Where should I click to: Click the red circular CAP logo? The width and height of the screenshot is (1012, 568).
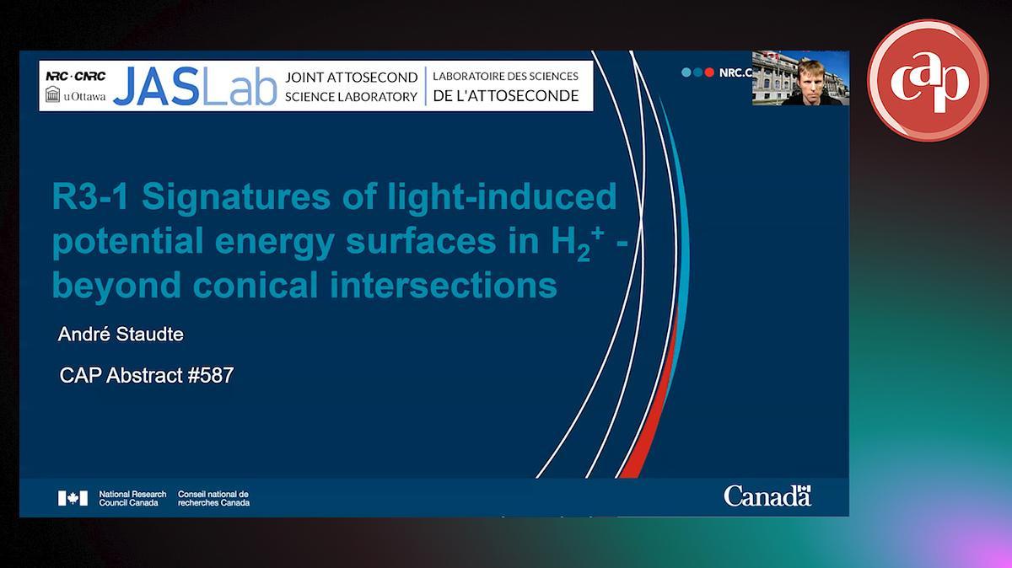[928, 80]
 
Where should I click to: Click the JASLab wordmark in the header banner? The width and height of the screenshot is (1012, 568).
[195, 86]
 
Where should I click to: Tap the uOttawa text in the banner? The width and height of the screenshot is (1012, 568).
[84, 96]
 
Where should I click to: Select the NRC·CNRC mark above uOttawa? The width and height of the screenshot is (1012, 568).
[75, 76]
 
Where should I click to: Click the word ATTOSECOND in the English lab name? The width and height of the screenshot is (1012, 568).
[372, 78]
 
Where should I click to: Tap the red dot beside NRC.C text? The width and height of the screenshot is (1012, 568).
[709, 72]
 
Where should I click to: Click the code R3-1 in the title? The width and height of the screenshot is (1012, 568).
[90, 196]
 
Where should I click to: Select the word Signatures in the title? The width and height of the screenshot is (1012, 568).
[236, 198]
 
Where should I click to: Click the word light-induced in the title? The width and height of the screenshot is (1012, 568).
[503, 197]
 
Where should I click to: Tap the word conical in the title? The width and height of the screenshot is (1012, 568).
[256, 286]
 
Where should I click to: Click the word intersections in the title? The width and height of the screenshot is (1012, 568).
[444, 286]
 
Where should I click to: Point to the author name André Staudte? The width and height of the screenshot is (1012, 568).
[121, 334]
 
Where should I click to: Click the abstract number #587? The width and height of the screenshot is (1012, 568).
[211, 375]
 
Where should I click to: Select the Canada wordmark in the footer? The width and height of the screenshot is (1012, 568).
[767, 496]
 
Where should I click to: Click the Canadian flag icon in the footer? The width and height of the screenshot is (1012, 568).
[73, 498]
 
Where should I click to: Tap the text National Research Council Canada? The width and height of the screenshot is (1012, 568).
[132, 498]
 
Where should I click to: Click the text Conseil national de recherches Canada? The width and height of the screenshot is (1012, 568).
[213, 498]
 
